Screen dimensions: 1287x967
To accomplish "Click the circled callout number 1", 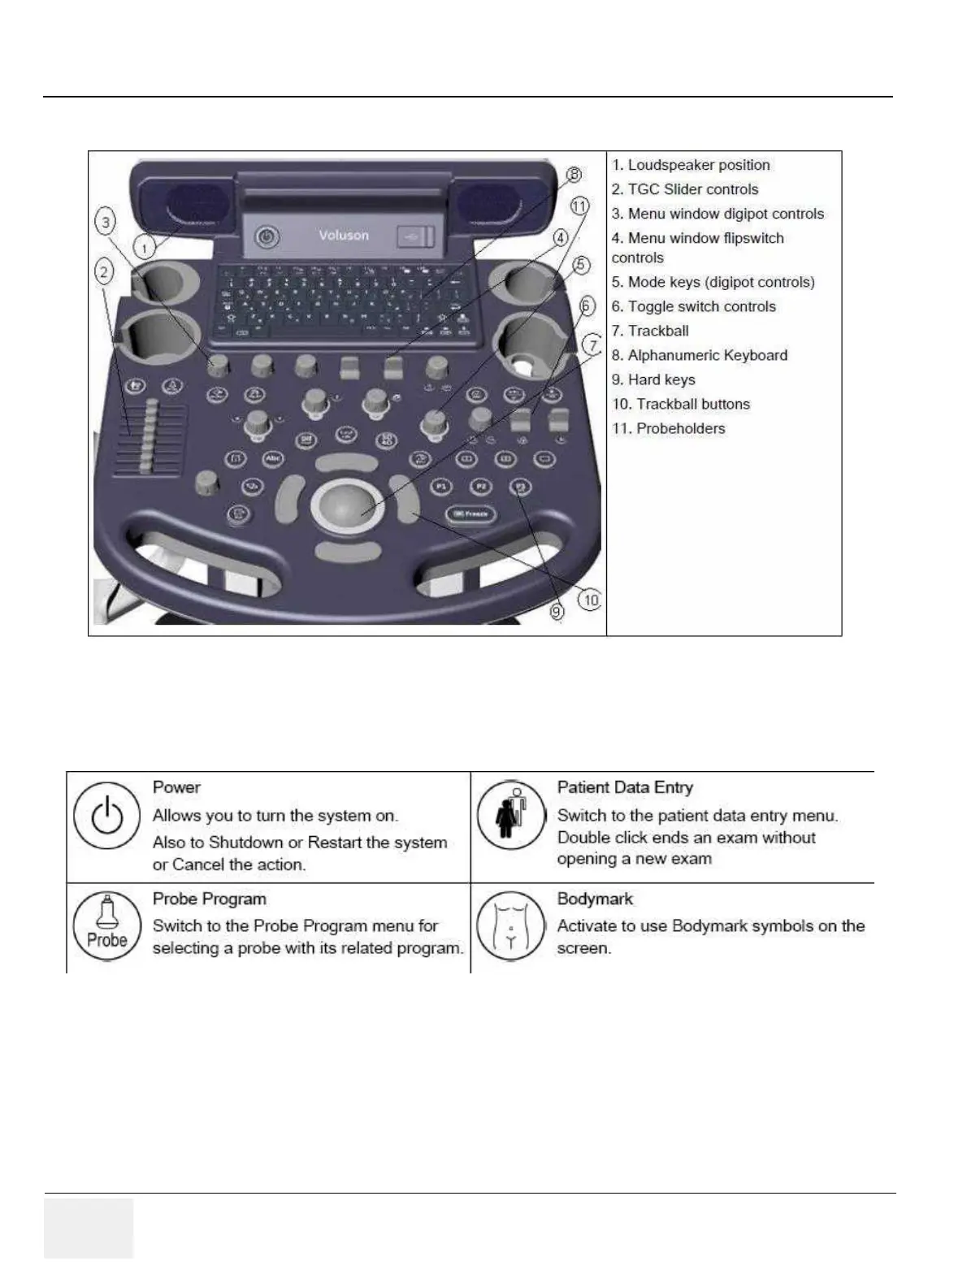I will click(x=144, y=248).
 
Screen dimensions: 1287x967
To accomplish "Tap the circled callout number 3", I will click(x=106, y=221).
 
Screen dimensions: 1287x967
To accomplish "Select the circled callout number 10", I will click(x=590, y=600).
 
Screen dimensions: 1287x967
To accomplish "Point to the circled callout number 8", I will click(x=574, y=175).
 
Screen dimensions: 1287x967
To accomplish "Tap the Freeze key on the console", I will click(x=470, y=514).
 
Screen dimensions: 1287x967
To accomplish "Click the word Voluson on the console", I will click(x=344, y=236).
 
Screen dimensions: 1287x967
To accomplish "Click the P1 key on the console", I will click(x=440, y=487).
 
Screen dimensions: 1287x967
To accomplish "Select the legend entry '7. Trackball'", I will click(x=650, y=331).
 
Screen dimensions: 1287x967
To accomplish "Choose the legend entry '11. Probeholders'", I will click(x=668, y=428).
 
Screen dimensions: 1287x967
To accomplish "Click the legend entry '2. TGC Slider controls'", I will click(x=685, y=189).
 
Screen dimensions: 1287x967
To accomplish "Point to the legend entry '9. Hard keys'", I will click(x=653, y=379).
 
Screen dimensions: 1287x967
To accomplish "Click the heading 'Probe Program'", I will click(x=210, y=899).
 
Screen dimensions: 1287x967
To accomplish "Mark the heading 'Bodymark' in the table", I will click(x=595, y=899).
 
